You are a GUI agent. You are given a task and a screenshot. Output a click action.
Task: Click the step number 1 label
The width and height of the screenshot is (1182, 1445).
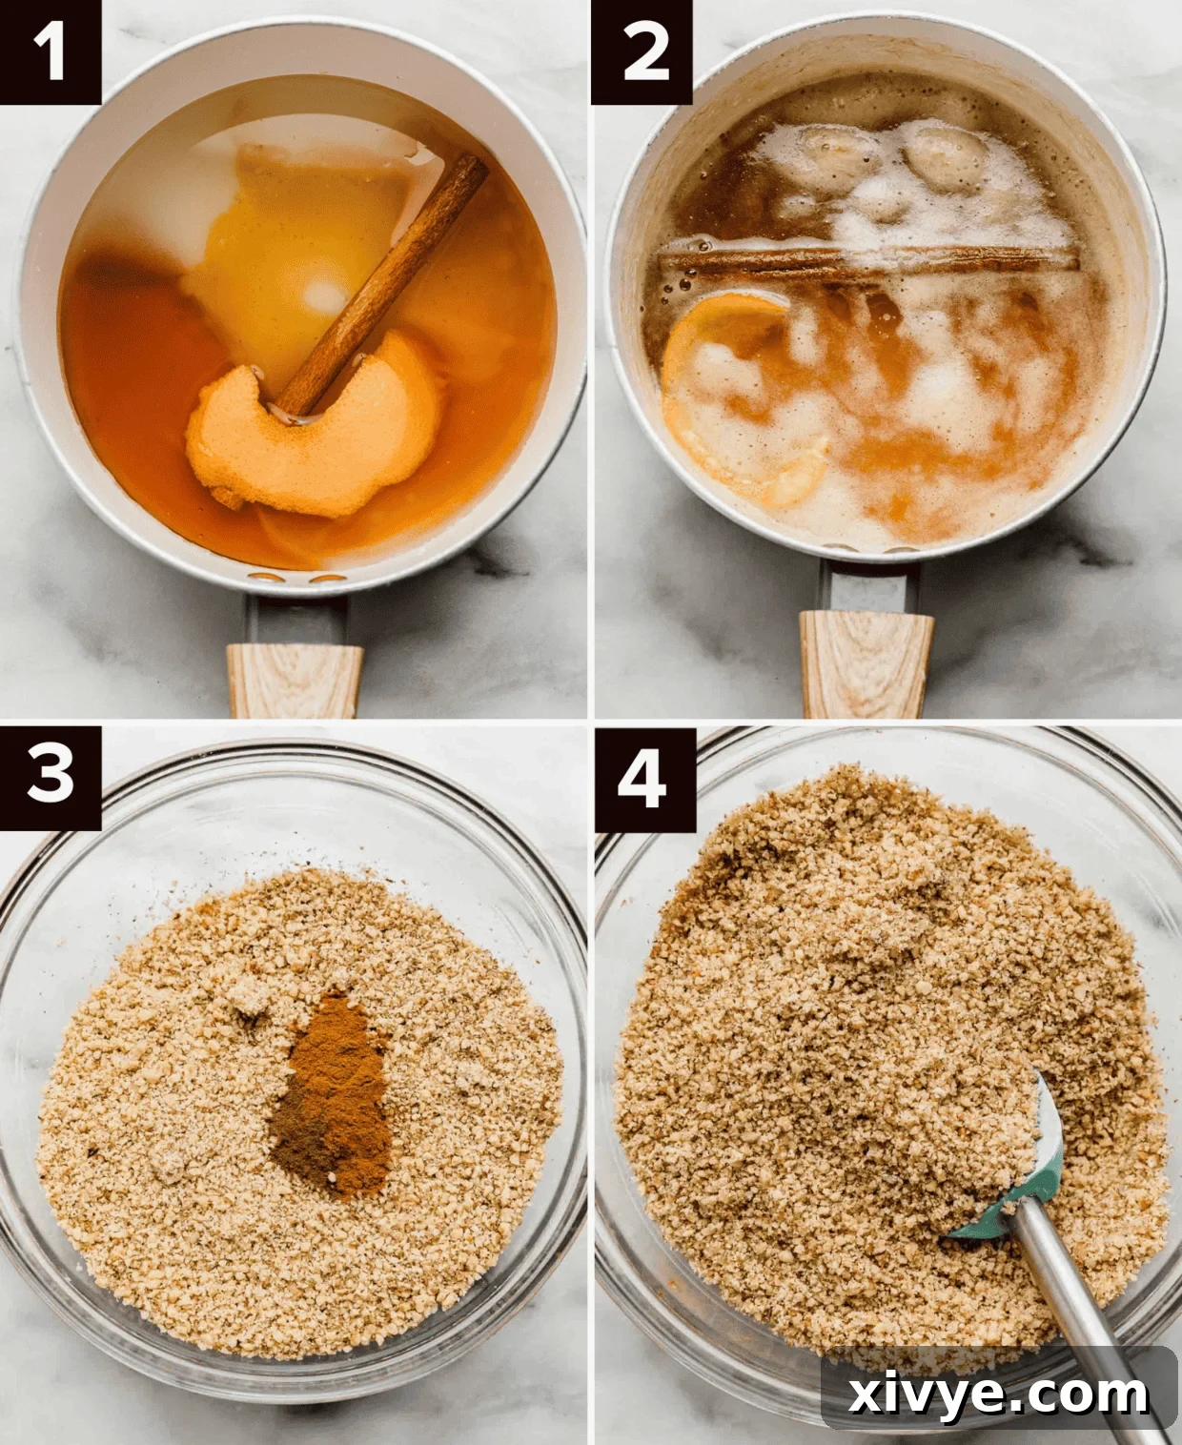(50, 51)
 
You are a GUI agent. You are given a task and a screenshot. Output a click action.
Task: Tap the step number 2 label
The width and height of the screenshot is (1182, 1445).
(642, 51)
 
